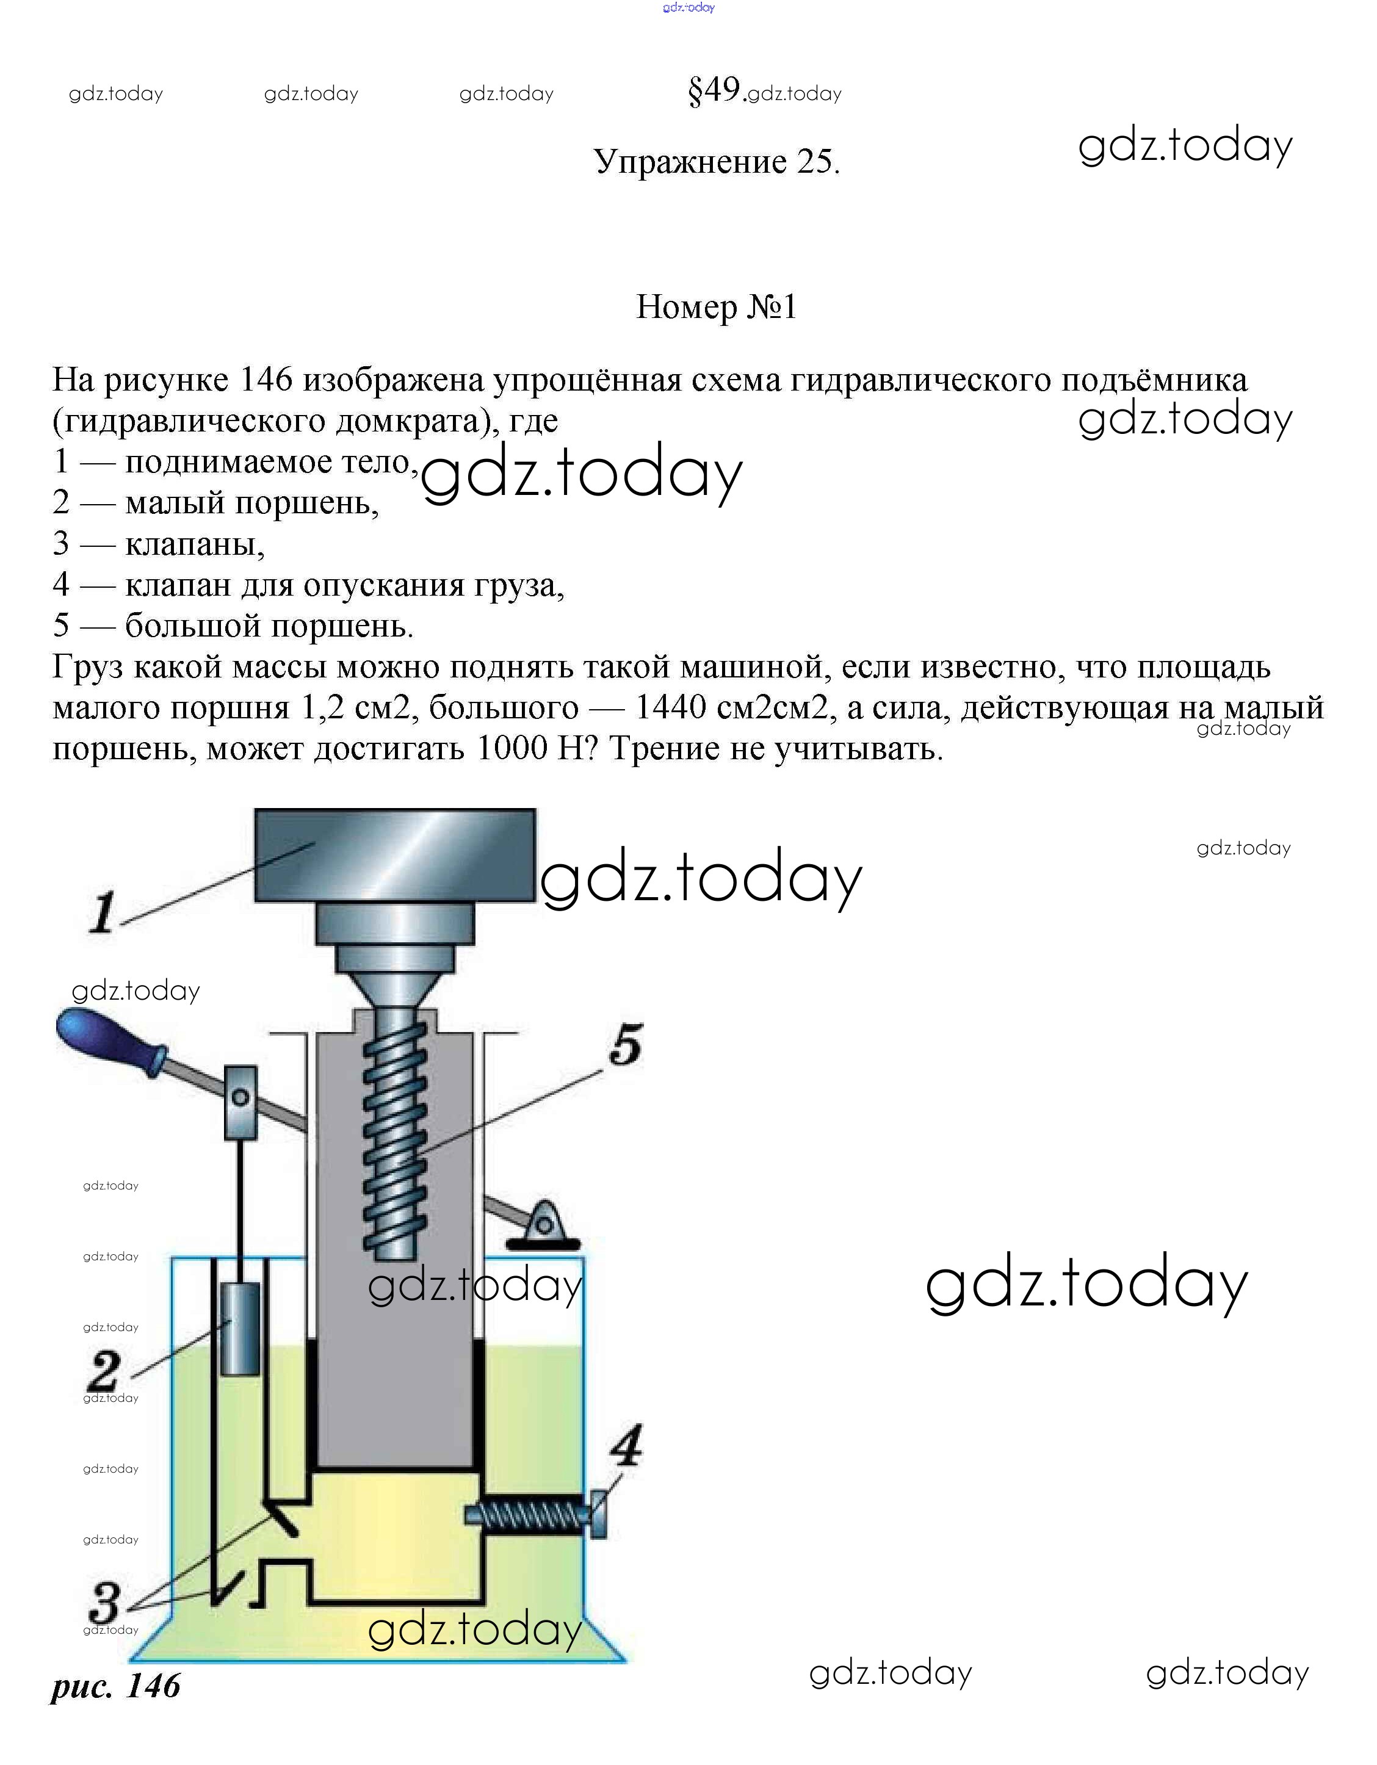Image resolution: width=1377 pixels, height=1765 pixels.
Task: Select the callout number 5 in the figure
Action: tap(626, 1045)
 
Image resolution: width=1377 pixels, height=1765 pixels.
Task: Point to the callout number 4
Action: tap(626, 1446)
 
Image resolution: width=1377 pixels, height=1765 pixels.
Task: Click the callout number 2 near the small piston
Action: tap(105, 1371)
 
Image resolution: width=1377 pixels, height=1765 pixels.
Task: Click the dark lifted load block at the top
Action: tap(395, 855)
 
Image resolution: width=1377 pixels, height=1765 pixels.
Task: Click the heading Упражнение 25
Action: tap(717, 162)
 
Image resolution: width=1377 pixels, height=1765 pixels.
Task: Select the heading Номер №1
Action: tap(717, 307)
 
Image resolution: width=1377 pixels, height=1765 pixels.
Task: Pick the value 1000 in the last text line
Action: tap(512, 748)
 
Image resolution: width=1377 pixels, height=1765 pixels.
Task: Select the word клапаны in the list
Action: tap(195, 544)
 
